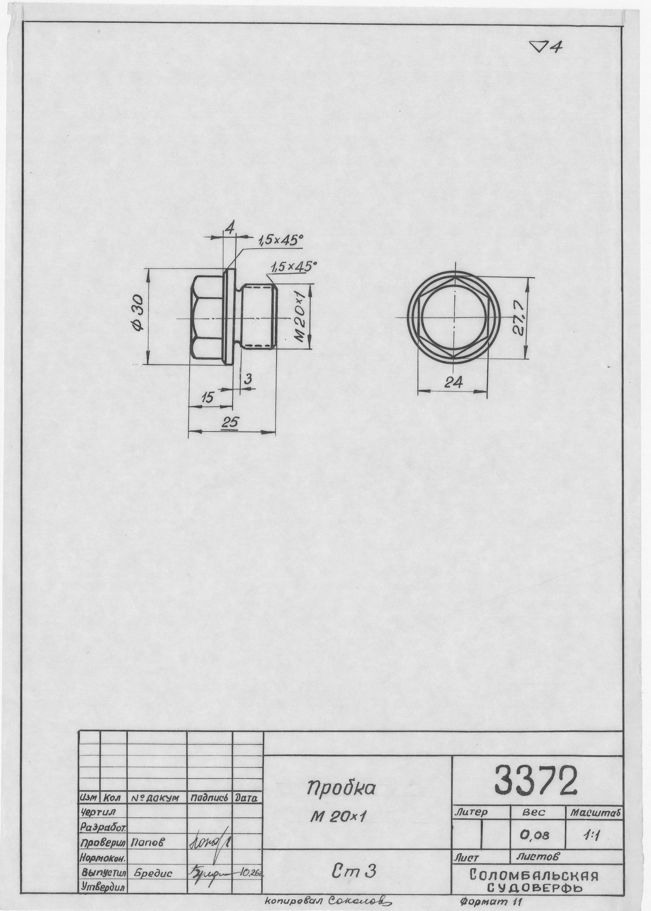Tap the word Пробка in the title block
[341, 788]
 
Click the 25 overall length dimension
[231, 423]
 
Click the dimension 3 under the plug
[249, 379]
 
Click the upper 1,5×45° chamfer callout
[280, 241]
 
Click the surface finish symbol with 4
[546, 47]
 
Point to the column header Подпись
[209, 798]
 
